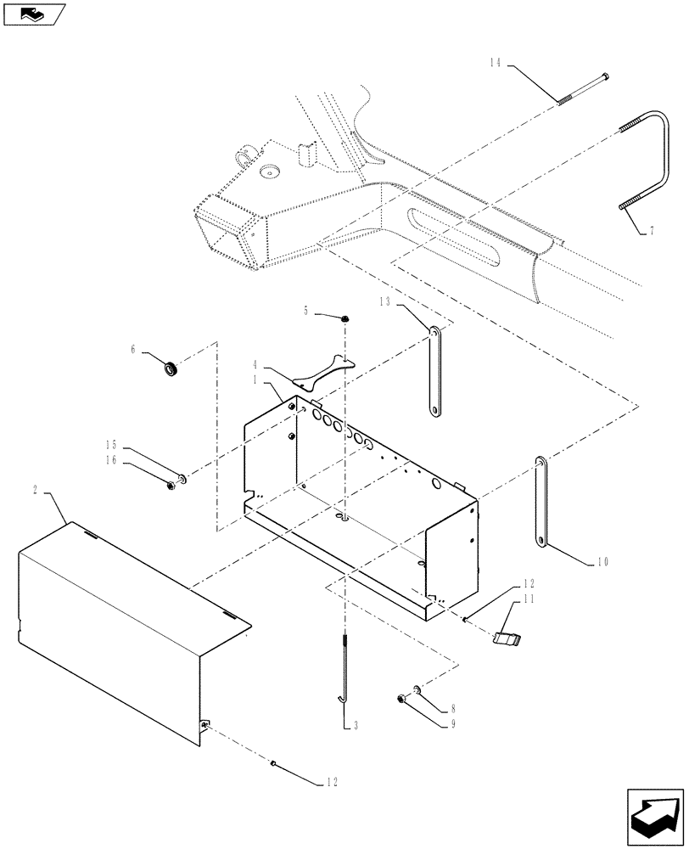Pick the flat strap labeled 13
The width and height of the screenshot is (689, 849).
pos(434,371)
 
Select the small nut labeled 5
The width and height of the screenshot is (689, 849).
pos(346,318)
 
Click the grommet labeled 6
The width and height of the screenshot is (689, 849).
pos(171,368)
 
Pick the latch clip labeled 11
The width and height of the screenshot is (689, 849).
pos(507,638)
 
